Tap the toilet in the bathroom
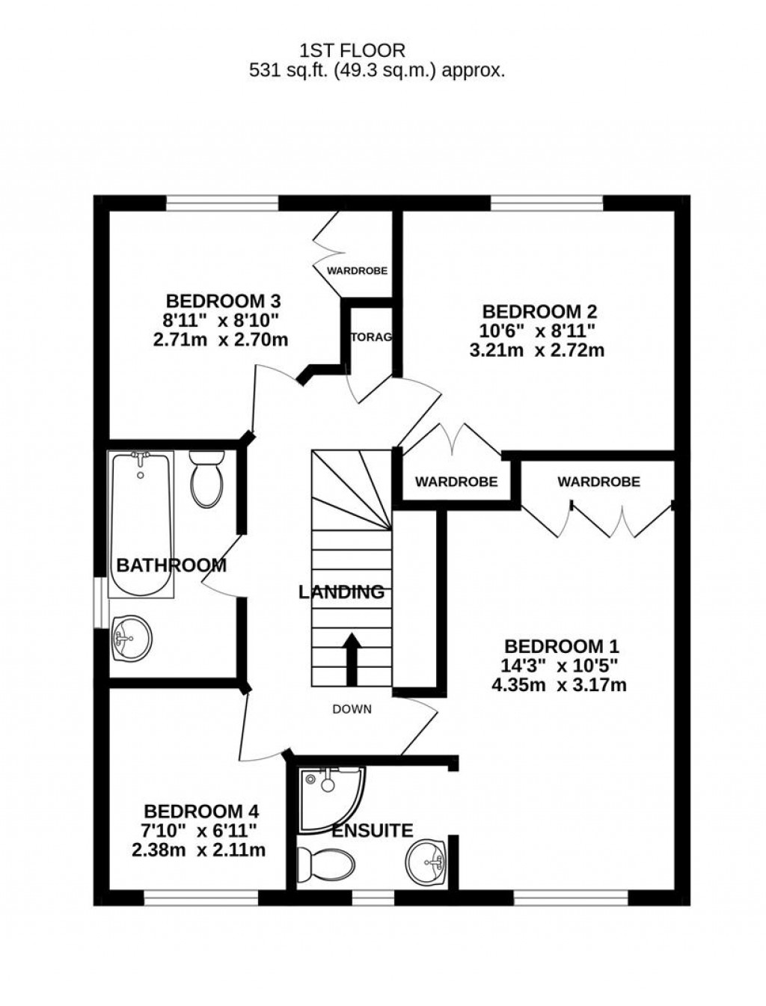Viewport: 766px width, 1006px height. point(206,477)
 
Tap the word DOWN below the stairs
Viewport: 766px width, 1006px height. point(352,709)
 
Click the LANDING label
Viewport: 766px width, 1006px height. point(341,592)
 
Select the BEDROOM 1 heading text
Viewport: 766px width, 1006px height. point(562,646)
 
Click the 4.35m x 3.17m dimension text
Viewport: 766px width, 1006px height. point(562,684)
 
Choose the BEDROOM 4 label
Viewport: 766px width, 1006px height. point(201,811)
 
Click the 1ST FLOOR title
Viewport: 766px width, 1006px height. point(352,51)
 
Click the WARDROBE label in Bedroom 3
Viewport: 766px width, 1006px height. point(357,271)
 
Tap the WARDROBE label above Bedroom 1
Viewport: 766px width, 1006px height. point(598,482)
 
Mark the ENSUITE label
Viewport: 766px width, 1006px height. point(373,830)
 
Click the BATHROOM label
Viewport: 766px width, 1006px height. point(171,565)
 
